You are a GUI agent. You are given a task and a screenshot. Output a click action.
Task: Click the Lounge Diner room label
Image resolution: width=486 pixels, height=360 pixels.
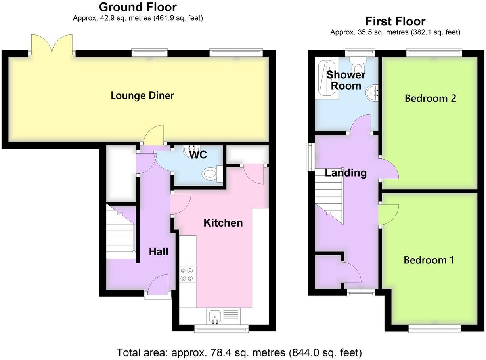click(142, 95)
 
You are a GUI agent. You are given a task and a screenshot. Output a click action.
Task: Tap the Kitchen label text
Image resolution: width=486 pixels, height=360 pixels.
click(223, 223)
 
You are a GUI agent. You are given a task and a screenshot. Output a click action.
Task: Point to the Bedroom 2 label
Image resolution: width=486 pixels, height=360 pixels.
click(430, 98)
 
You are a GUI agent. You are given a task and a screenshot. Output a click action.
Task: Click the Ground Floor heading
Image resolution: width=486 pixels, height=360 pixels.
click(138, 7)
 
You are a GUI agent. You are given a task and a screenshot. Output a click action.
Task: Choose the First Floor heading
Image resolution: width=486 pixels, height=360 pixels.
click(395, 21)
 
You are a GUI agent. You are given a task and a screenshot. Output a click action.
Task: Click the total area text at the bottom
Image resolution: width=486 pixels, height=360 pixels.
click(239, 352)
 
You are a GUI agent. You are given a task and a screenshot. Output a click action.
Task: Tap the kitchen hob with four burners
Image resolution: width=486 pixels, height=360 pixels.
click(188, 274)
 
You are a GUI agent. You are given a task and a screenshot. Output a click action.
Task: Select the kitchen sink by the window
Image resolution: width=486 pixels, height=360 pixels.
click(214, 316)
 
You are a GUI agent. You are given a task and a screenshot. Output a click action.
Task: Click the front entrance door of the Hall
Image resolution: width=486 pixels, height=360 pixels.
click(158, 286)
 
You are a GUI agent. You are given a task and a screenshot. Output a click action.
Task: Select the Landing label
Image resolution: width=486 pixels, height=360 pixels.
click(346, 173)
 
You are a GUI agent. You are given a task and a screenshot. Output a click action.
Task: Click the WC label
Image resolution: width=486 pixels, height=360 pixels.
click(198, 155)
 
